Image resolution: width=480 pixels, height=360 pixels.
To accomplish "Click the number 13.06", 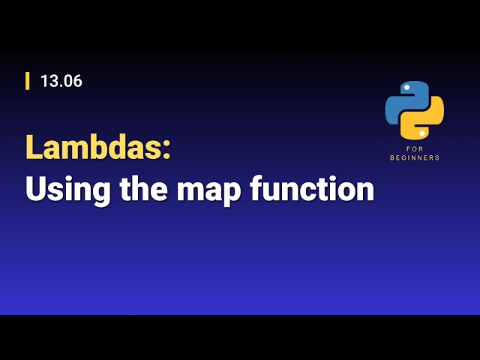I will click(61, 82).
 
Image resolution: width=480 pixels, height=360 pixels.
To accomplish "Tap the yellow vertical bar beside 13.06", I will click(28, 81).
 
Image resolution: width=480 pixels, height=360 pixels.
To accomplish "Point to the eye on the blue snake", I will click(406, 88).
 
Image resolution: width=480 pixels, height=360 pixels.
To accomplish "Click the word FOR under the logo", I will click(415, 148).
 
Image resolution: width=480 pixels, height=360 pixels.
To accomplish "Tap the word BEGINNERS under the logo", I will click(415, 158).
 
